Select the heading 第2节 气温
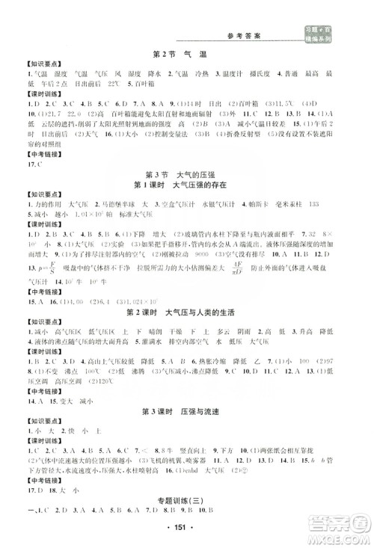coord(186,55)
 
